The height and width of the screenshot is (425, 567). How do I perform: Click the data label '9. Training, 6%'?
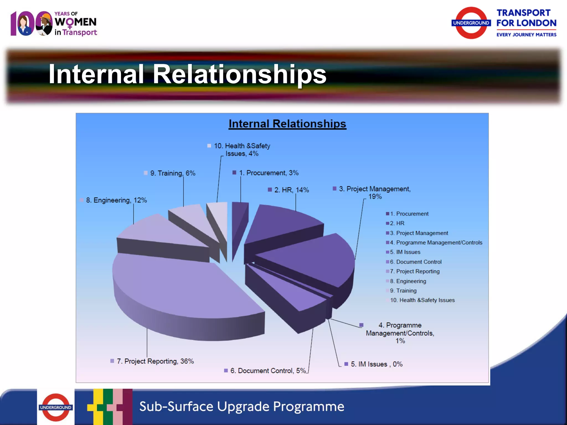pyautogui.click(x=172, y=173)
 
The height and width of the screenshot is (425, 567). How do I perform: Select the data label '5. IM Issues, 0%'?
pyautogui.click(x=376, y=364)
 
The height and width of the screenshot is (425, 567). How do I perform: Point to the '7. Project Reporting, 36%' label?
pyautogui.click(x=155, y=361)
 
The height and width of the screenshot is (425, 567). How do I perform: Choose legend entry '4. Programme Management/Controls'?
pyautogui.click(x=436, y=243)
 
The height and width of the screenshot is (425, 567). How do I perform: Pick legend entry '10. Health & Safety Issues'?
pyautogui.click(x=422, y=300)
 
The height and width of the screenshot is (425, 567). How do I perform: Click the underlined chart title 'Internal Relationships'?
pyautogui.click(x=287, y=124)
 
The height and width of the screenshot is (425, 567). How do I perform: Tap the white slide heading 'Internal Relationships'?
pyautogui.click(x=187, y=74)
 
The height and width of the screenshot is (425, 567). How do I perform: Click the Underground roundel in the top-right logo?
pyautogui.click(x=471, y=23)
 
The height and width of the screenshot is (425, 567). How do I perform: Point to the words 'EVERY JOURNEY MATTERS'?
pyautogui.click(x=526, y=35)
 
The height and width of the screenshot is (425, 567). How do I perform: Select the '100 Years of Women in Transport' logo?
pyautogui.click(x=54, y=24)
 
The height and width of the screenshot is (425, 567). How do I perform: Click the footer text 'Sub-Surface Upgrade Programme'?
pyautogui.click(x=242, y=406)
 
